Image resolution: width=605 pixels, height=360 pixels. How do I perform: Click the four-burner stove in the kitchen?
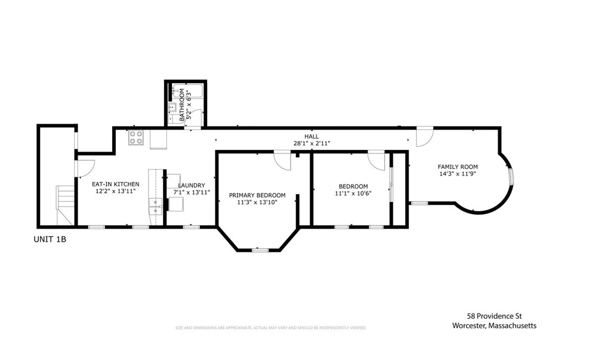pyautogui.click(x=136, y=137)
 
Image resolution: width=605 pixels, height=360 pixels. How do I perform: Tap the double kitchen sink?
pyautogui.click(x=156, y=206)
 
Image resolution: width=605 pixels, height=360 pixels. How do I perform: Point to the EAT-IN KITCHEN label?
pyautogui.click(x=116, y=184)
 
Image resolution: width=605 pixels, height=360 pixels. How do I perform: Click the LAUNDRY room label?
pyautogui.click(x=192, y=185)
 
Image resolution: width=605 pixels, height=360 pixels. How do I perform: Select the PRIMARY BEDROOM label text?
pyautogui.click(x=257, y=195)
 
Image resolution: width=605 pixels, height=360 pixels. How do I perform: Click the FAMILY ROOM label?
pyautogui.click(x=458, y=167)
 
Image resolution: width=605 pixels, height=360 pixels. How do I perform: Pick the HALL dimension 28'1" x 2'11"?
pyautogui.click(x=311, y=143)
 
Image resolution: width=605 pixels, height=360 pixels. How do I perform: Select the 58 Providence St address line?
pyautogui.click(x=495, y=316)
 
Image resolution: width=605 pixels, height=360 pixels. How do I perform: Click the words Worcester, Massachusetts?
pyautogui.click(x=494, y=325)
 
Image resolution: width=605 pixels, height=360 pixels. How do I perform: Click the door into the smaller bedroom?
pyautogui.click(x=377, y=161)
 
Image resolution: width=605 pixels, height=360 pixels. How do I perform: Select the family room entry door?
pyautogui.click(x=424, y=137)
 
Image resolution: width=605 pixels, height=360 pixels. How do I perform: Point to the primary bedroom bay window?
pyautogui.click(x=260, y=250)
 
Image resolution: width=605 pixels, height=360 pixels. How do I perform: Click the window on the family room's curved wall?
pyautogui.click(x=511, y=177)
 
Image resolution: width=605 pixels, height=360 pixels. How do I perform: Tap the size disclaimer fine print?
pyautogui.click(x=270, y=328)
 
